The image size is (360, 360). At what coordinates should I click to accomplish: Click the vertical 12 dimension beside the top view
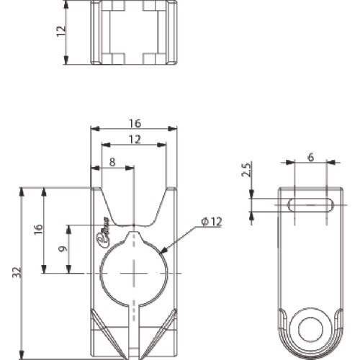61,31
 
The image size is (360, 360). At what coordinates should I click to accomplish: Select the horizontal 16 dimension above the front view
133,123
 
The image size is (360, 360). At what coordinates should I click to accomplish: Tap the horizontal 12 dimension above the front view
133,139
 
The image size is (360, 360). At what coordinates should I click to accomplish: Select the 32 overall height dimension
16,272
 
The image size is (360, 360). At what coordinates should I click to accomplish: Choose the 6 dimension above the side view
310,157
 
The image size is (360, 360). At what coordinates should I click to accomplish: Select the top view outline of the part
133,32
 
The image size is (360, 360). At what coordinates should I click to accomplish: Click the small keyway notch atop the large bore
134,236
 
